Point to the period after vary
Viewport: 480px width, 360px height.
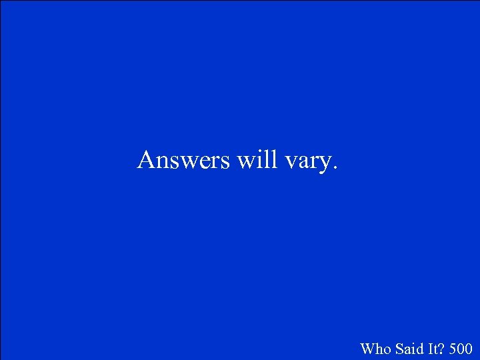click(335, 169)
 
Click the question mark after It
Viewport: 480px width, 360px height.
click(438, 348)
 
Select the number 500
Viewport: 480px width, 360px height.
click(461, 348)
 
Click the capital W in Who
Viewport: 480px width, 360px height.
click(367, 348)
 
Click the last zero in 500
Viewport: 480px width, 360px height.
click(469, 348)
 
